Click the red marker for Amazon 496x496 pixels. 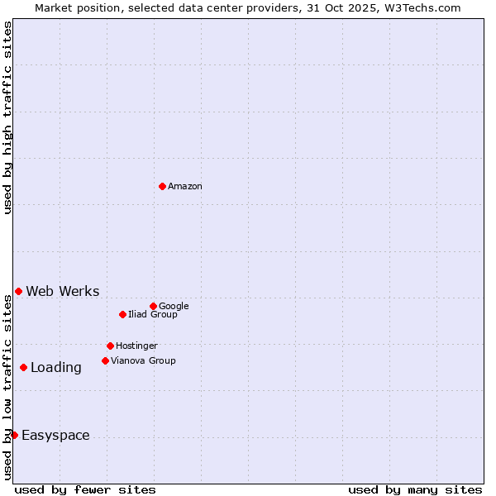(162, 186)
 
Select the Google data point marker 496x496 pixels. (153, 306)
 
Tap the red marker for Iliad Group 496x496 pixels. (122, 314)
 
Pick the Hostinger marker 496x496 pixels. (110, 346)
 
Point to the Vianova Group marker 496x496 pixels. (105, 360)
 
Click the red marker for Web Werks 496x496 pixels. (18, 291)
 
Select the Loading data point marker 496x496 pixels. (23, 367)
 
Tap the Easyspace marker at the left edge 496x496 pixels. (14, 435)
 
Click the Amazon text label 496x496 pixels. (185, 187)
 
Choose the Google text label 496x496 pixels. (174, 307)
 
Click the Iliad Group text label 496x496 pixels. (153, 315)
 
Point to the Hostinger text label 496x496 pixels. (136, 346)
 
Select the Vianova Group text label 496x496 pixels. (143, 361)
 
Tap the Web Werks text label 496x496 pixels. (63, 292)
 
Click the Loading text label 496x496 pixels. (56, 368)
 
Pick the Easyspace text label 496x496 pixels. (55, 436)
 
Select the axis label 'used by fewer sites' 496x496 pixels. (85, 489)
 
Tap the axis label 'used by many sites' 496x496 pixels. (415, 489)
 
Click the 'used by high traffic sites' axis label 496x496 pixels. (7, 117)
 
